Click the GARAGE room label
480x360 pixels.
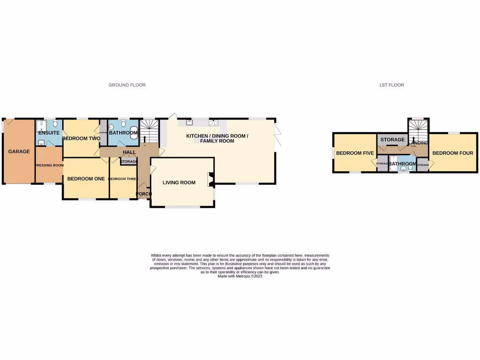coord(19,151)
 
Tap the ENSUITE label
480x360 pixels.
coord(49,133)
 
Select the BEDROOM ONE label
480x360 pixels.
coord(86,179)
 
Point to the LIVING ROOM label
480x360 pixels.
coord(179,182)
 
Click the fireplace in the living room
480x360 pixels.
coord(210,180)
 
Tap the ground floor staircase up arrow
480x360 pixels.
coord(145,138)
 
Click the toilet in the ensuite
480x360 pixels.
coord(55,124)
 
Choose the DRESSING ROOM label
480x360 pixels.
coord(49,165)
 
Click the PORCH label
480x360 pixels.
coord(143,194)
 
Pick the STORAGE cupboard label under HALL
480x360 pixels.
coord(129,162)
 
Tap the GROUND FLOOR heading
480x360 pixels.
coord(127,85)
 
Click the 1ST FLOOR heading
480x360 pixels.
coord(391,85)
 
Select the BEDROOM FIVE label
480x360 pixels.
coord(355,153)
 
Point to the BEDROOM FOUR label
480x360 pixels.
coord(452,153)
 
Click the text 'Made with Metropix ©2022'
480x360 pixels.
coord(240,277)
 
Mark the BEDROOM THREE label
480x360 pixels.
coord(123,179)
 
